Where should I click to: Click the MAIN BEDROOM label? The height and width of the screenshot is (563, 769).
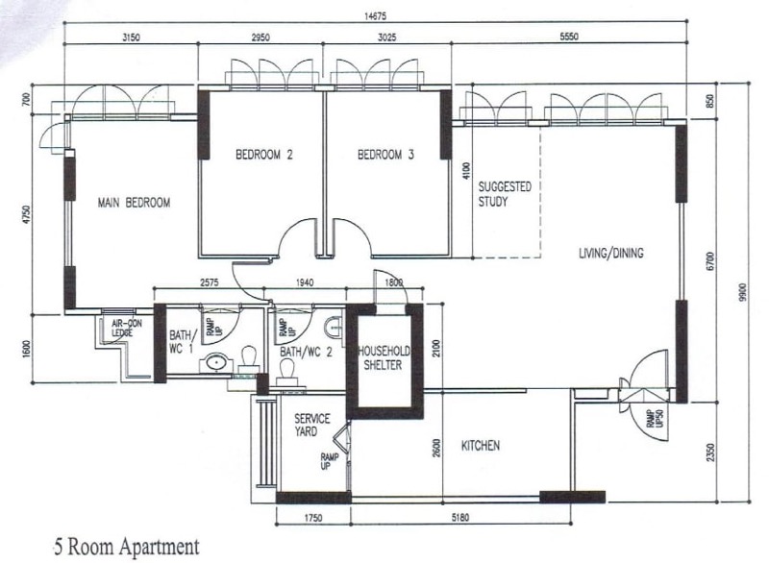[135, 203]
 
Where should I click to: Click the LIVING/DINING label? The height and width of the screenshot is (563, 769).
[610, 254]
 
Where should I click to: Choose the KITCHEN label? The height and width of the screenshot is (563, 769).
[481, 446]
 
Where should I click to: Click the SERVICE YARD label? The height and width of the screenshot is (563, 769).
[311, 425]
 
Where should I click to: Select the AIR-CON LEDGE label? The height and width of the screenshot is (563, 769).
[127, 329]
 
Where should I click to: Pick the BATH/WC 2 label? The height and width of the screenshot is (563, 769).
[306, 353]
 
